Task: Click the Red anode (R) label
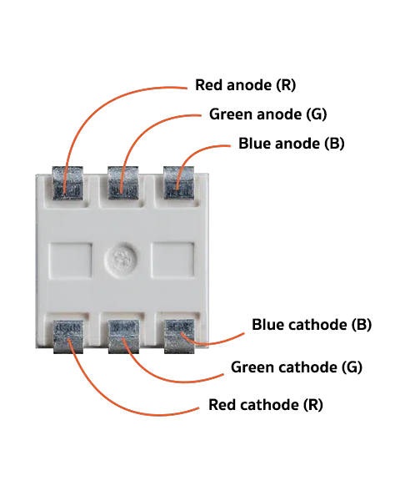click(x=245, y=85)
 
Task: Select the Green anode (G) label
click(x=268, y=114)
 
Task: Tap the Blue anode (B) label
click(x=292, y=144)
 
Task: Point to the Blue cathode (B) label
click(x=312, y=325)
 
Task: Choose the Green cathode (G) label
click(x=297, y=367)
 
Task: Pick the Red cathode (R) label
click(x=266, y=405)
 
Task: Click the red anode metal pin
click(x=67, y=183)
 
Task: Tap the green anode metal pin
click(x=123, y=183)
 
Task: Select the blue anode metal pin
click(x=178, y=183)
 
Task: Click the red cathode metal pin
click(x=68, y=337)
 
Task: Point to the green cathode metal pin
click(x=124, y=337)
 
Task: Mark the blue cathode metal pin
click(x=179, y=337)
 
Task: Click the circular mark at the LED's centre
click(x=121, y=260)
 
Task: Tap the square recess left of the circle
click(x=71, y=260)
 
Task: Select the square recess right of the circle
click(x=172, y=260)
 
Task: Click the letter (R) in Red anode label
click(x=286, y=85)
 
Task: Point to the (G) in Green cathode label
click(x=352, y=367)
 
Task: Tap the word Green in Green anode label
click(x=230, y=114)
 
